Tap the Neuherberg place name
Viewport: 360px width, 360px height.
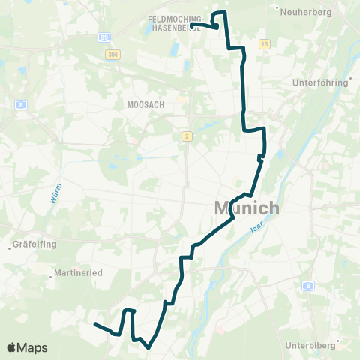click(x=305, y=12)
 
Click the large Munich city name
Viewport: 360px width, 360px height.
click(x=247, y=208)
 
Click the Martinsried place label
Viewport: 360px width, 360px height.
click(x=78, y=273)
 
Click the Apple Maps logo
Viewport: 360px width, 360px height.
click(x=26, y=347)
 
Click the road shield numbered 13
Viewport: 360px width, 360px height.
click(x=264, y=45)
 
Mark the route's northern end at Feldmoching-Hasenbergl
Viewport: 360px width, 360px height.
click(x=193, y=25)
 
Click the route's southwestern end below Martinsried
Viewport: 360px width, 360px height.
click(x=95, y=324)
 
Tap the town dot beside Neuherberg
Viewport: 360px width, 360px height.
click(x=279, y=12)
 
